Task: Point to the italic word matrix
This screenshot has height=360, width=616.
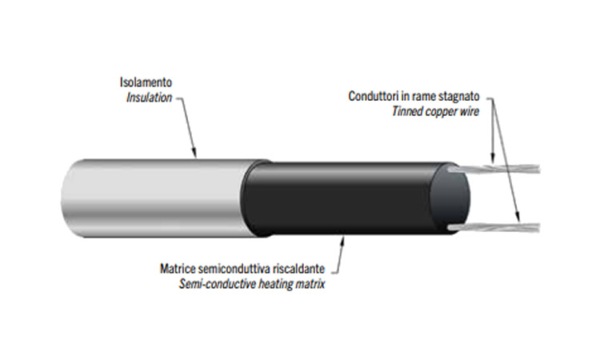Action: tap(308, 284)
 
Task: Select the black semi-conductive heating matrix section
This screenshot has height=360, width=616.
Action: tap(344, 196)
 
